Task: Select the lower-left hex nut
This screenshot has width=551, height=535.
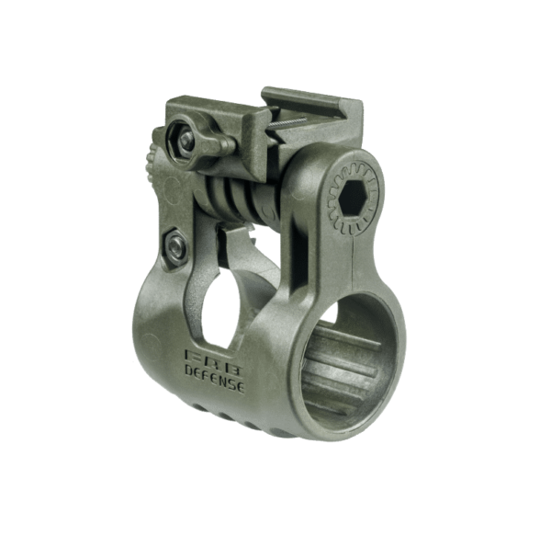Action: click(x=174, y=245)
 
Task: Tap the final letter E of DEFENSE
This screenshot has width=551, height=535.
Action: click(x=241, y=388)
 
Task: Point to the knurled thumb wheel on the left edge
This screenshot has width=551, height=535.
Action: click(x=152, y=161)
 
